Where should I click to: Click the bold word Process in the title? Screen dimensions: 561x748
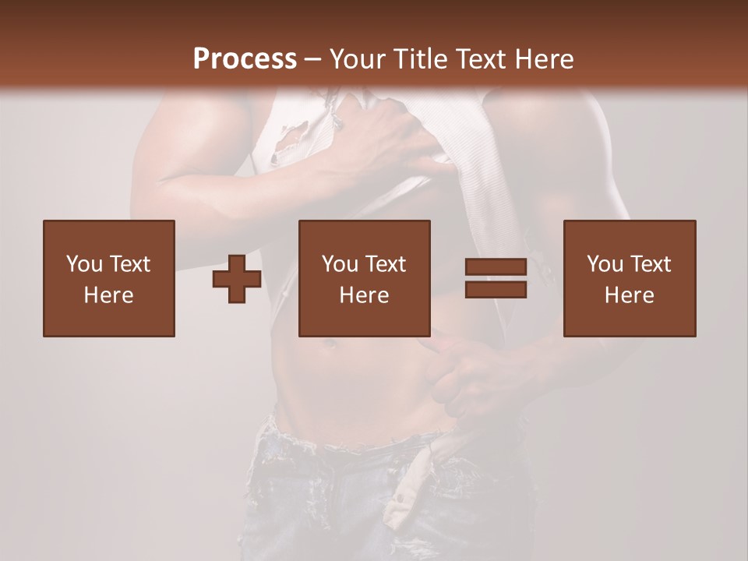[x=245, y=59]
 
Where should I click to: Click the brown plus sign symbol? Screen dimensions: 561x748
[x=237, y=279]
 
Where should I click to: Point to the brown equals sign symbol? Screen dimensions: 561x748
[x=496, y=278]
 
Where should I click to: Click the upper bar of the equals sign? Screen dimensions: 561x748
[x=496, y=267]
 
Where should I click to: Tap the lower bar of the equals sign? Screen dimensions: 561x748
[x=496, y=289]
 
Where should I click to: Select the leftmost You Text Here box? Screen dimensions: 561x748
[x=109, y=278]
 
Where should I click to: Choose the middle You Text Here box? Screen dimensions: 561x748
[x=364, y=278]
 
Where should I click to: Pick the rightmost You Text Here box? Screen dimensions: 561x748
[x=630, y=278]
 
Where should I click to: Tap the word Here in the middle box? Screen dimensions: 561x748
[x=364, y=295]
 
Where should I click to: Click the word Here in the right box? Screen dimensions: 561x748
[x=630, y=295]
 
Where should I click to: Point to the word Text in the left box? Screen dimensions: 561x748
[x=129, y=264]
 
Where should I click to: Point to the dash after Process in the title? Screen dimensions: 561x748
[x=312, y=60]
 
